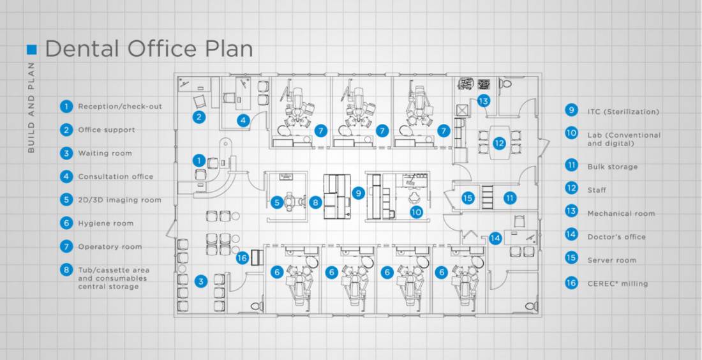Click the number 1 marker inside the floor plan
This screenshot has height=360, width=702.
pyautogui.click(x=200, y=160)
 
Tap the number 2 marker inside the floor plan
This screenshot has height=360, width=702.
pyautogui.click(x=200, y=116)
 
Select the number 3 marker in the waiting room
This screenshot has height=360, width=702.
pyautogui.click(x=201, y=281)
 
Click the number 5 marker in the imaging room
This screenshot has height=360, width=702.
pyautogui.click(x=276, y=202)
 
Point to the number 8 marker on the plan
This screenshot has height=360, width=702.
pyautogui.click(x=315, y=202)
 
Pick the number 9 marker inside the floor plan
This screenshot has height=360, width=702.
pyautogui.click(x=358, y=191)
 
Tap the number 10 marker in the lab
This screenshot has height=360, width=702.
pyautogui.click(x=416, y=211)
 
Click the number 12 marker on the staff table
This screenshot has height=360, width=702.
pyautogui.click(x=499, y=144)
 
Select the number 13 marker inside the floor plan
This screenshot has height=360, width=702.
pyautogui.click(x=483, y=101)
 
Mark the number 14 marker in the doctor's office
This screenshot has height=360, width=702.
pyautogui.click(x=496, y=238)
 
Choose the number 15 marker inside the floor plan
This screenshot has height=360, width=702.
pyautogui.click(x=468, y=198)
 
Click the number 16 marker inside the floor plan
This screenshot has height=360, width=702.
pyautogui.click(x=241, y=258)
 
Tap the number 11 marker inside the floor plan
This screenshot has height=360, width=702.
pyautogui.click(x=509, y=198)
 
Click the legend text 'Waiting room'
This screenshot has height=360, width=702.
pyautogui.click(x=105, y=153)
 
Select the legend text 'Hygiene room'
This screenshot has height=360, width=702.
pyautogui.click(x=105, y=223)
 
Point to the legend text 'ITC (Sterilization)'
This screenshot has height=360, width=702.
pyautogui.click(x=623, y=112)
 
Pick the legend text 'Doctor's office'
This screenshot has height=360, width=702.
pyautogui.click(x=616, y=237)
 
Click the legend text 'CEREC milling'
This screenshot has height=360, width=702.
pyautogui.click(x=617, y=283)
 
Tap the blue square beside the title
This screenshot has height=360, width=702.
pyautogui.click(x=32, y=49)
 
